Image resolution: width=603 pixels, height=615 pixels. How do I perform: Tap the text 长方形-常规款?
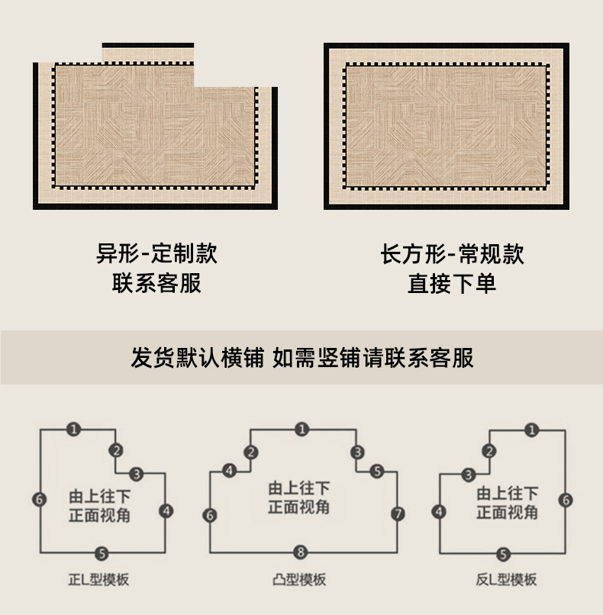(452, 253)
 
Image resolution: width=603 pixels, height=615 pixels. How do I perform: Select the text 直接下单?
(452, 284)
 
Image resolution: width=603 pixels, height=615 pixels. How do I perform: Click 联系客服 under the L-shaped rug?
(156, 283)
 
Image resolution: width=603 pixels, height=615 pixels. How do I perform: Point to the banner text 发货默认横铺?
(197, 357)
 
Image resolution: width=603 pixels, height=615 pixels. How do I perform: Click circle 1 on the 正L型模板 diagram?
(73, 429)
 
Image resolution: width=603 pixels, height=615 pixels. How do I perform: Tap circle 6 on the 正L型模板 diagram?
(40, 499)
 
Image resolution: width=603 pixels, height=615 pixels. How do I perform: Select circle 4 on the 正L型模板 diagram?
(167, 510)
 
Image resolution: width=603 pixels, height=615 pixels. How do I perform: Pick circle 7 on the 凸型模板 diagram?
(397, 514)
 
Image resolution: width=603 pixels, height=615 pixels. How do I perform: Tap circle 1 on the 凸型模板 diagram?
(301, 430)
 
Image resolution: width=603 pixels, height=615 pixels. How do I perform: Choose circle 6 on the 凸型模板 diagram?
(210, 515)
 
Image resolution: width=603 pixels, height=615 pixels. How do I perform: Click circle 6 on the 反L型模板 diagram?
(565, 500)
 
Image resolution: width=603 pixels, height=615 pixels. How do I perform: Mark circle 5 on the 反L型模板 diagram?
(502, 553)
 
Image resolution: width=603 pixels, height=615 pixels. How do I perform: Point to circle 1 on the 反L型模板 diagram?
(531, 430)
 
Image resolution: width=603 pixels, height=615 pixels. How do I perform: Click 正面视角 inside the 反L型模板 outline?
(507, 512)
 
